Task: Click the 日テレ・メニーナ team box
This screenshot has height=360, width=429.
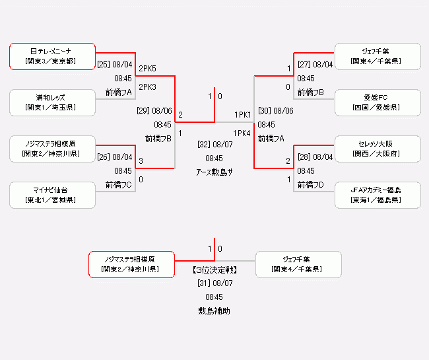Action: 52,56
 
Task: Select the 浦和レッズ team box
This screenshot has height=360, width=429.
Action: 52,102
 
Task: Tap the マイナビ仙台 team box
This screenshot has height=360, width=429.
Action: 52,195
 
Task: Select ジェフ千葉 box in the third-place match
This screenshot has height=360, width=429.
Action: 298,264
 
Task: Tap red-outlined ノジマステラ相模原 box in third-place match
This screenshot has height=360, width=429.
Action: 131,264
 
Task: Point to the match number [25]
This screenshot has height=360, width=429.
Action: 104,65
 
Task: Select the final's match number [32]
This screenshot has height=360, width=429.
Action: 205,144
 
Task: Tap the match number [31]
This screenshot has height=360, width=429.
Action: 204,283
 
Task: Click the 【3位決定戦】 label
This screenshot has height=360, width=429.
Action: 214,270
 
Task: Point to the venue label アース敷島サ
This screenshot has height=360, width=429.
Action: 214,172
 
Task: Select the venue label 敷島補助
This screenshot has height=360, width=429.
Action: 214,310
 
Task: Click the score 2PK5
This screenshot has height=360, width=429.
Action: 147,69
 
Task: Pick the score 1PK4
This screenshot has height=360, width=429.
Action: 242,133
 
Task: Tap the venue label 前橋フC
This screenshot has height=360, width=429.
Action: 119,185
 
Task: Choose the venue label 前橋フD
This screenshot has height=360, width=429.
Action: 310,185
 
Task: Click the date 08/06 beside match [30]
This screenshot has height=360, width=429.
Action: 283,111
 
